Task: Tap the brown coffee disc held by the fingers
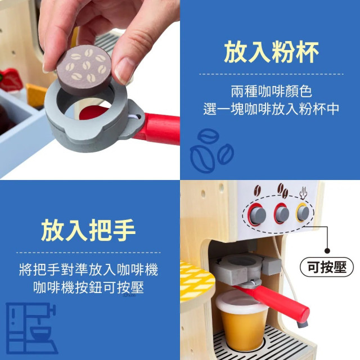(83, 66)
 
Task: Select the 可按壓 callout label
(326, 267)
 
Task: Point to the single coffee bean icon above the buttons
(259, 191)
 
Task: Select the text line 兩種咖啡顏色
(271, 91)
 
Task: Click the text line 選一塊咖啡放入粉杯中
(271, 109)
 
